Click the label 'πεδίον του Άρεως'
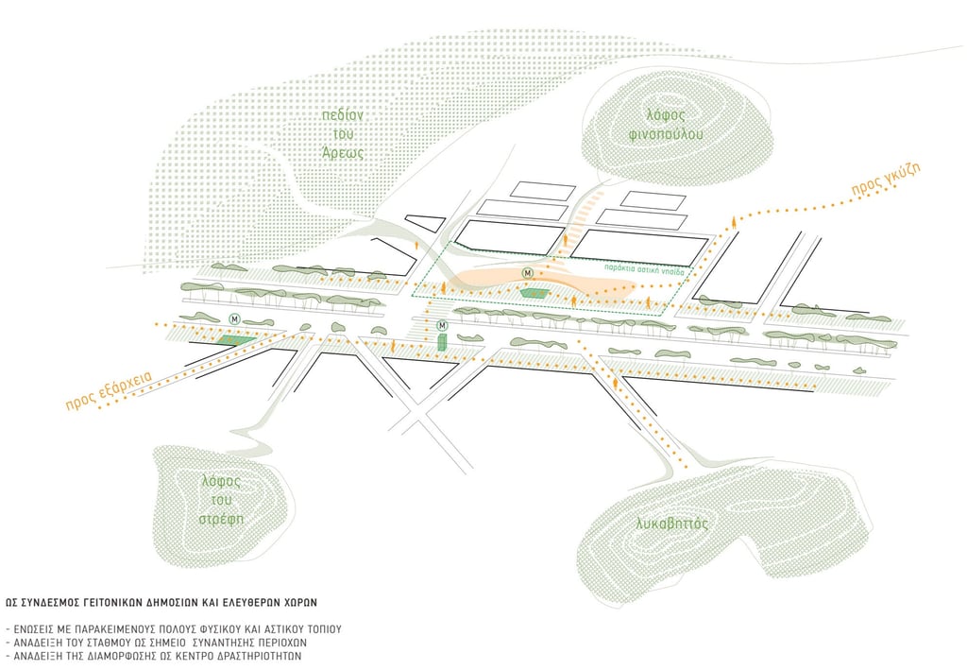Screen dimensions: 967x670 click(341, 133)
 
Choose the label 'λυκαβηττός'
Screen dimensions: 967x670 click(672, 523)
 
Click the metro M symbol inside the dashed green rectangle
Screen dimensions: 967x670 click(528, 273)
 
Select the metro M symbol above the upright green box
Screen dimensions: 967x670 click(441, 326)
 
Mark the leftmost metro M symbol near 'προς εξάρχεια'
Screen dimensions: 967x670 click(235, 318)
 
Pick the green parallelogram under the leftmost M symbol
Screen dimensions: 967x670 click(234, 341)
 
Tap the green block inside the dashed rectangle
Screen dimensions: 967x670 click(535, 294)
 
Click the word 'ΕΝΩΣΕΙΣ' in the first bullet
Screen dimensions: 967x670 click(37, 628)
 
